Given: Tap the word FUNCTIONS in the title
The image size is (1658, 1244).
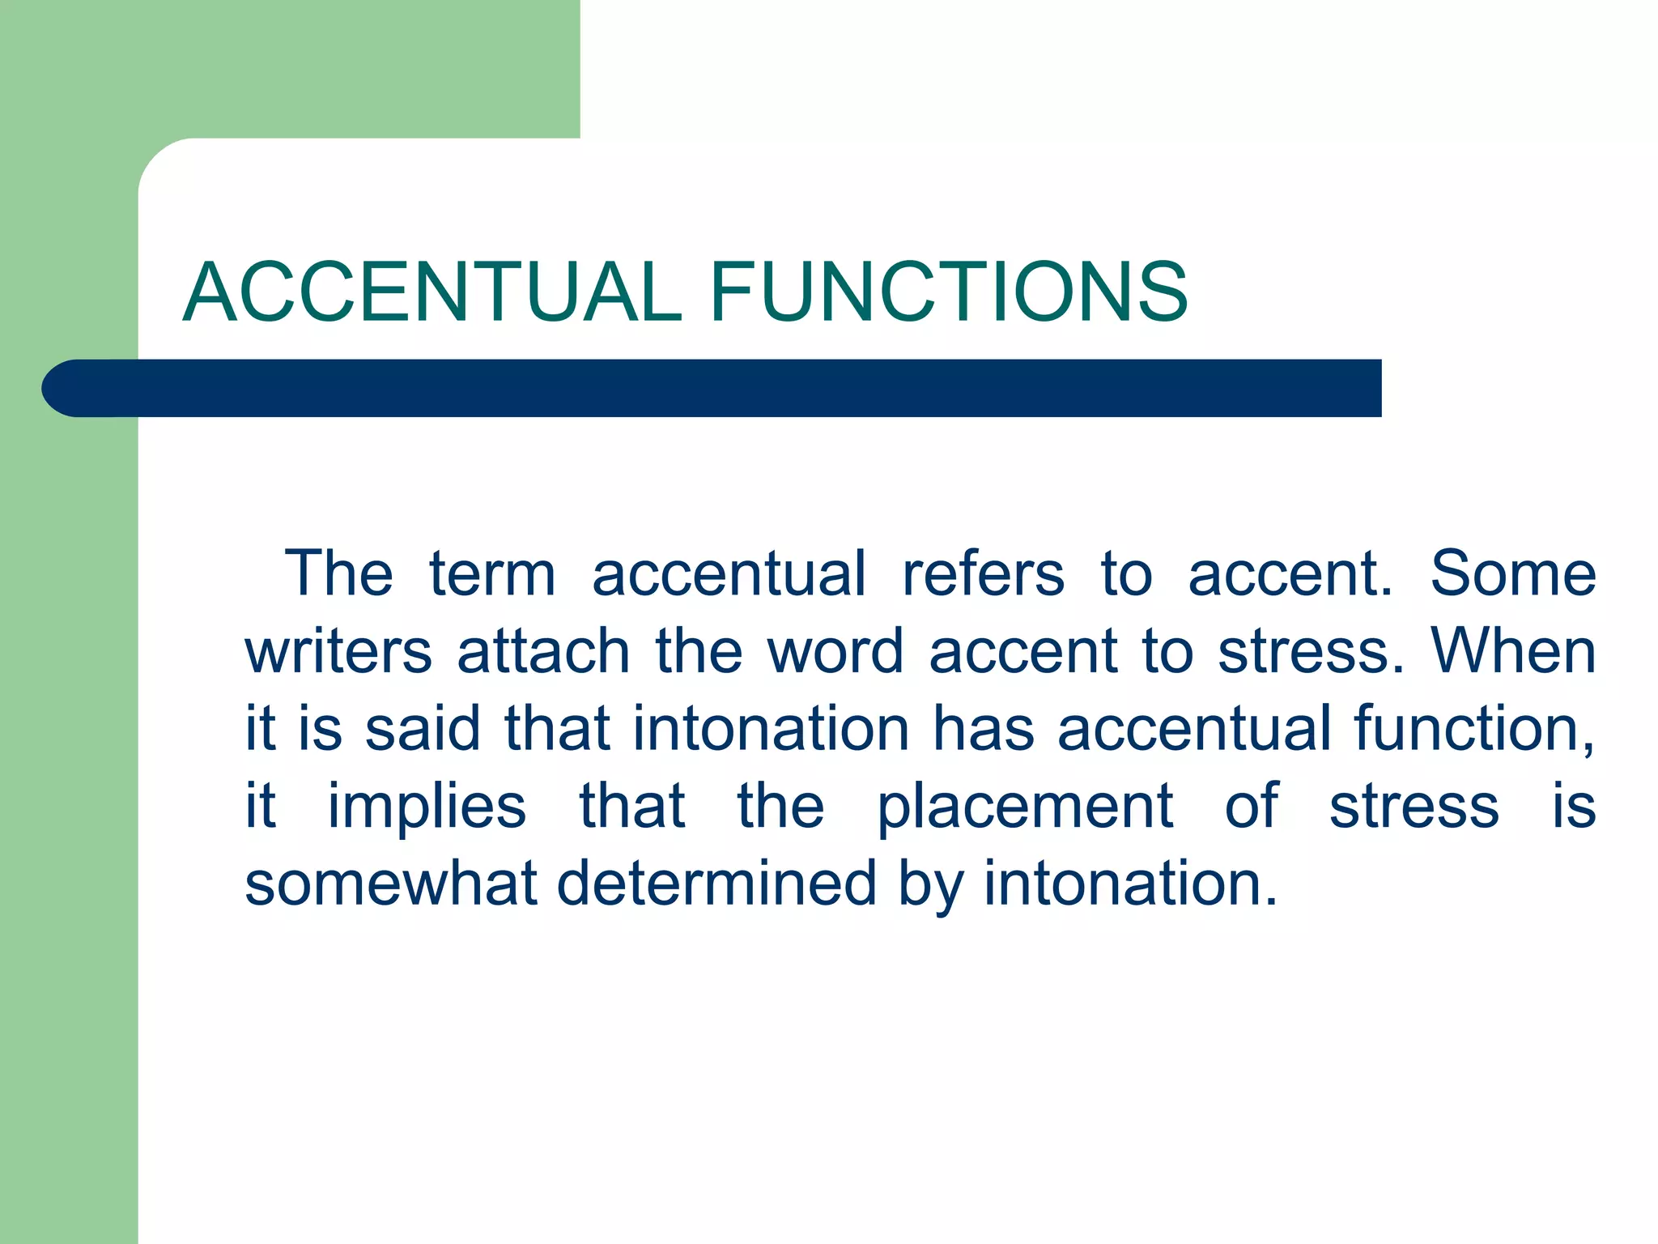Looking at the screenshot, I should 949,292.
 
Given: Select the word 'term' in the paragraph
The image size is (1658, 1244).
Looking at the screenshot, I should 492,574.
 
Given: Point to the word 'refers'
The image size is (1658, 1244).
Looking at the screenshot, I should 983,574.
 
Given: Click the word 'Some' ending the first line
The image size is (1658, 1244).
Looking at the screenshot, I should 1513,574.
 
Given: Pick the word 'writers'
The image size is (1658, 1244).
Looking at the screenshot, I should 338,652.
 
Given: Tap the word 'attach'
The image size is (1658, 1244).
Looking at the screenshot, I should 543,652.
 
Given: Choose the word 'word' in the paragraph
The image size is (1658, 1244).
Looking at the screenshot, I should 835,652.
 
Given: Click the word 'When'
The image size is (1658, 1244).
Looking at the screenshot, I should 1513,652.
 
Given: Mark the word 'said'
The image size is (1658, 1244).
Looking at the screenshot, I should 423,729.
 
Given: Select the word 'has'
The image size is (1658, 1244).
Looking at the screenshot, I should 984,729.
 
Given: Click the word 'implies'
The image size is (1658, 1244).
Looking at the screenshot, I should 427,808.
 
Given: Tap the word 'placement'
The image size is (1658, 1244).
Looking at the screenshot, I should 1025,808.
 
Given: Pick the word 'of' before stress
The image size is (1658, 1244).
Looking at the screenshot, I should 1252,807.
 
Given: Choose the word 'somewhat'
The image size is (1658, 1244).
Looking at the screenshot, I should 391,884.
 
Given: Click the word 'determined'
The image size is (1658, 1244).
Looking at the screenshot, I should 717,884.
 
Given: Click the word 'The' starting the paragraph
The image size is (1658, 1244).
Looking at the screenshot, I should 338,574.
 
